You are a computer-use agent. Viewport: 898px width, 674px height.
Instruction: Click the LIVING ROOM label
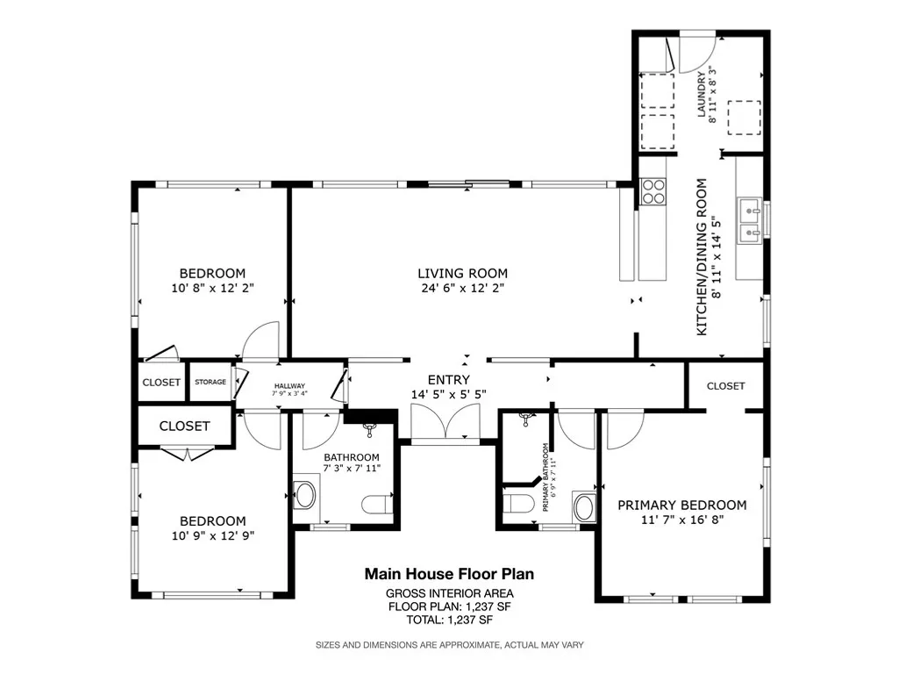[462, 273]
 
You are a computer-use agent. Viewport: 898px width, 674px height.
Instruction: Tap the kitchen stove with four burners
[653, 190]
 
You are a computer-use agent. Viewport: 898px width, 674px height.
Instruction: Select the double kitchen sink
[750, 220]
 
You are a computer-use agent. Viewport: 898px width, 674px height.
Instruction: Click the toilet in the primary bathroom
[517, 504]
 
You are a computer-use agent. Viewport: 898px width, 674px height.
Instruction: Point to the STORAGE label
[210, 383]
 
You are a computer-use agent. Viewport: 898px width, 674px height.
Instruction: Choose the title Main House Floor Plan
[449, 574]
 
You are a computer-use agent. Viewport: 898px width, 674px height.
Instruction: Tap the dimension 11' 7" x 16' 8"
[682, 520]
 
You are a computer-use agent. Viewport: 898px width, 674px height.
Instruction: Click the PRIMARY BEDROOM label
[682, 505]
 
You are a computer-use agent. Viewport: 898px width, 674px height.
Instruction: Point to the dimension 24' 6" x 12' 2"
[462, 288]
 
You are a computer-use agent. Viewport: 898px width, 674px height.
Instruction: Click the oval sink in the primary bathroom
[583, 505]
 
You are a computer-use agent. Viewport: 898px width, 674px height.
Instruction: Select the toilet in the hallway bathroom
[376, 504]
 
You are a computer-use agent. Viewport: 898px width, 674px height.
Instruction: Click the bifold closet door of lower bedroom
[187, 453]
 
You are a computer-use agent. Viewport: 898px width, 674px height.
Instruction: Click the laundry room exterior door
[697, 53]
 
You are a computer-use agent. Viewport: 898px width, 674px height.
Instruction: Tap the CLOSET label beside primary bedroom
[725, 386]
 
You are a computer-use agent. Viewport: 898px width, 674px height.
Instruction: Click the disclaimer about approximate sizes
[449, 645]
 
